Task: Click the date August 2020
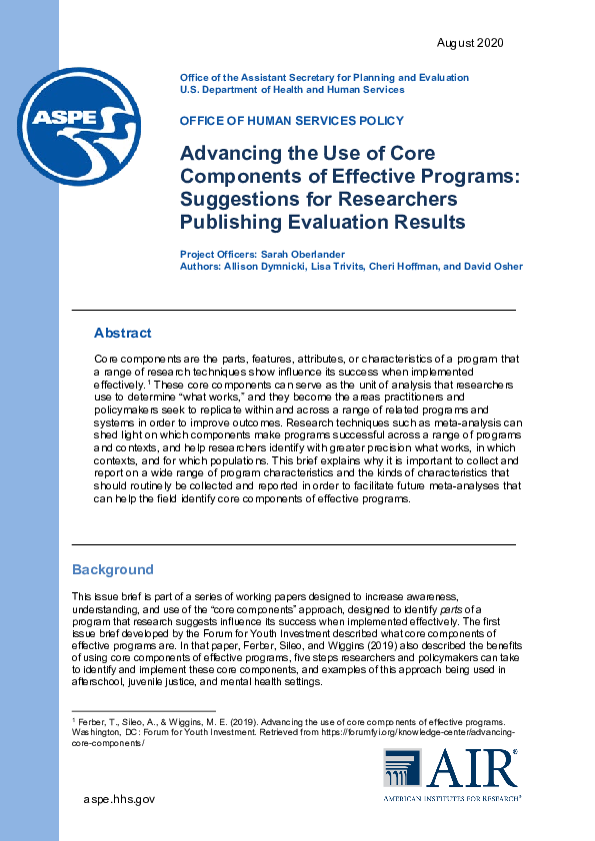pos(470,43)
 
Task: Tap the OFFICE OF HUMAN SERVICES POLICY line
pos(292,121)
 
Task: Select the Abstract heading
pos(122,333)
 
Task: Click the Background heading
pos(113,570)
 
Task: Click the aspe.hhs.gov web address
pos(119,798)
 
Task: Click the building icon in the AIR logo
pos(401,768)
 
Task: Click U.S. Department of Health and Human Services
pos(292,90)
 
